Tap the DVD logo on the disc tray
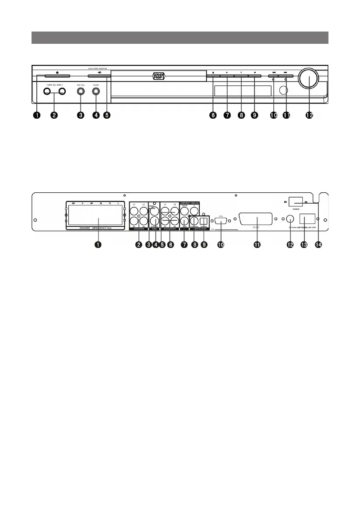pos(158,76)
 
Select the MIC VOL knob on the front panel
pos(81,92)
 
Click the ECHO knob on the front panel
pos(96,92)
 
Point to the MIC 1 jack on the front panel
pos(46,92)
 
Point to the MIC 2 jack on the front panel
pos(62,92)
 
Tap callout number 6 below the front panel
pos(213,115)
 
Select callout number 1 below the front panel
pos(38,115)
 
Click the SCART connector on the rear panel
pos(255,220)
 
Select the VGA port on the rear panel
pos(220,221)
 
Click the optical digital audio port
pos(203,220)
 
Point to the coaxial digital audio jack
pos(194,220)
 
